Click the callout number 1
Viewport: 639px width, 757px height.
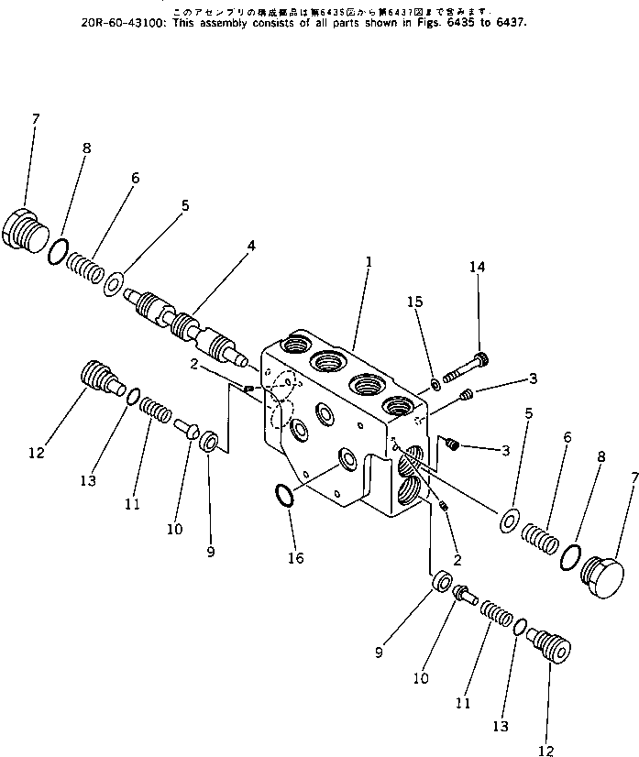pos(369,261)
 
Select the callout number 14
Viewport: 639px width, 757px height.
pos(477,267)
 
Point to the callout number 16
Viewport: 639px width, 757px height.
pos(295,557)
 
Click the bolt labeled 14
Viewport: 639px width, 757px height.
pos(465,368)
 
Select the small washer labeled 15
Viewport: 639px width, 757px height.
pos(435,383)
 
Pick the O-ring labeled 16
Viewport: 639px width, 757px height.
pos(284,496)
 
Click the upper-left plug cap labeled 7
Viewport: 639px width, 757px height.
pos(27,228)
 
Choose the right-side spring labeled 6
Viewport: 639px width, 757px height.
pos(539,536)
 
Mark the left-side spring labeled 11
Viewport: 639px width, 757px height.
pos(156,408)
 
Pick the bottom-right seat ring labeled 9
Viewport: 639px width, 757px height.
pos(440,581)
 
